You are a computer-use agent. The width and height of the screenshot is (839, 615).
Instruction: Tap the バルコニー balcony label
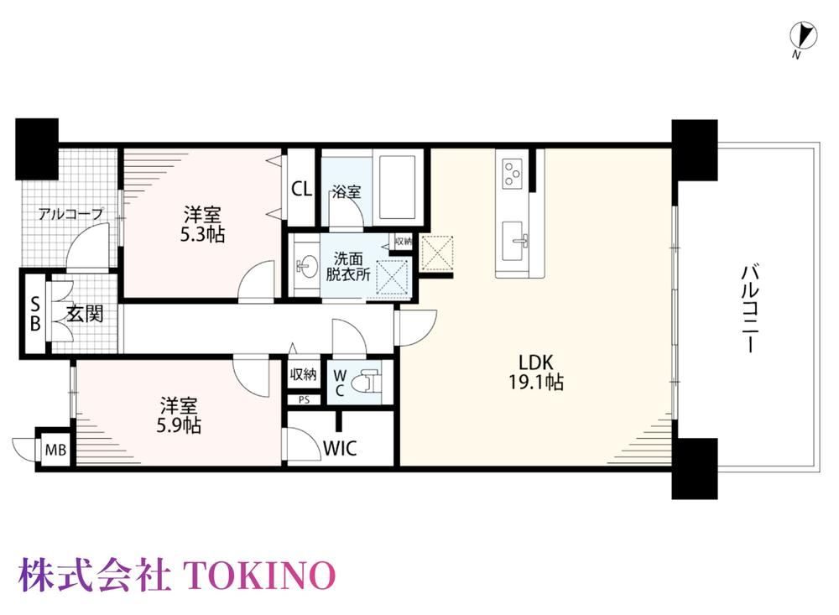[x=750, y=309]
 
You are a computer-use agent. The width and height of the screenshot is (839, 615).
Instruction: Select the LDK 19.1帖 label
[x=535, y=373]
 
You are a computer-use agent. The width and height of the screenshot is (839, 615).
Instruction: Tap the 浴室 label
[x=347, y=191]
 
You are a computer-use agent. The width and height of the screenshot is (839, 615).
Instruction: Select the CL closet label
[x=302, y=189]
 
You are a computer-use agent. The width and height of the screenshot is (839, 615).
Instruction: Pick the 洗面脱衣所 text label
[x=348, y=267]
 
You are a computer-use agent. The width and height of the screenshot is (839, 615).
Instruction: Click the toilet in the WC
[x=371, y=382]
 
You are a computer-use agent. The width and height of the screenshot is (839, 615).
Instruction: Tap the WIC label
[x=341, y=448]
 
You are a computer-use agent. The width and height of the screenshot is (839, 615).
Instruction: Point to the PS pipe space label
[x=304, y=400]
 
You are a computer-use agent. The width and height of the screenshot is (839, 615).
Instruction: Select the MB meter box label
[x=55, y=451]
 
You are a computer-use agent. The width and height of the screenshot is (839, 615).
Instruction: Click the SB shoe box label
[x=35, y=314]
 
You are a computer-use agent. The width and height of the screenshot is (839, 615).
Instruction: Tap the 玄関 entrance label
[x=85, y=314]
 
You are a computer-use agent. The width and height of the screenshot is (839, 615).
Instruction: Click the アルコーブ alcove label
[x=70, y=214]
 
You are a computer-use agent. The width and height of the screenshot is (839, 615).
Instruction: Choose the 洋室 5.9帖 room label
[x=179, y=415]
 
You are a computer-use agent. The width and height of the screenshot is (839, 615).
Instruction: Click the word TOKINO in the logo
[x=260, y=575]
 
